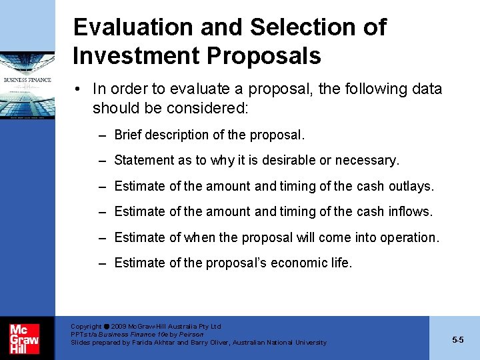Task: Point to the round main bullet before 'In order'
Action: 79,89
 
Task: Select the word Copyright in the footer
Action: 86,327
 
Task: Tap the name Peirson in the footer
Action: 190,334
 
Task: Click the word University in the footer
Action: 308,342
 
